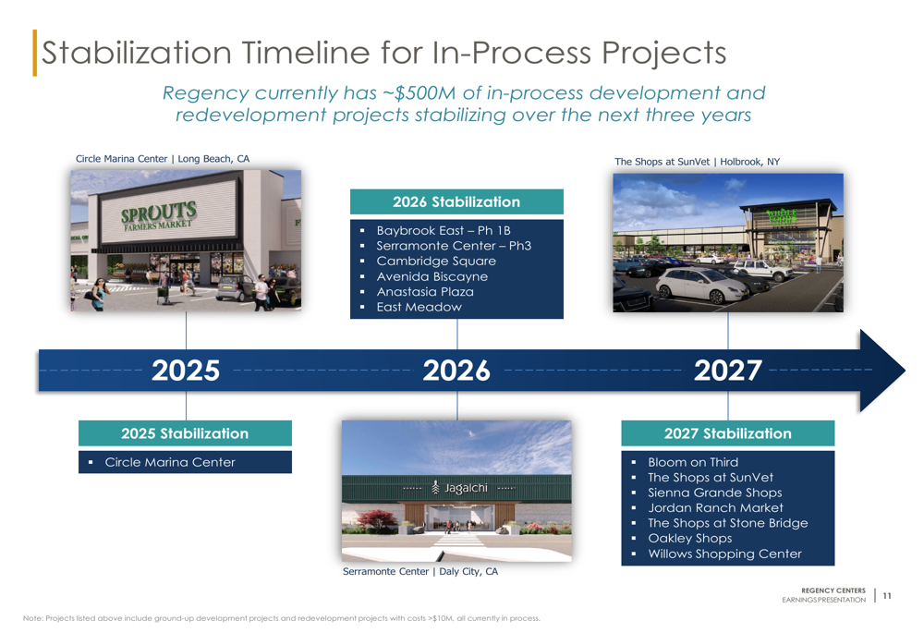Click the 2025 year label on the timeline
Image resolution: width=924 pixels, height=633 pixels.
tap(186, 371)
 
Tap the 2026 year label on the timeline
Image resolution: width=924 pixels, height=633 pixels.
tap(456, 371)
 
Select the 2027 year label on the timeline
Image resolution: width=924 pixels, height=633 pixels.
tap(728, 371)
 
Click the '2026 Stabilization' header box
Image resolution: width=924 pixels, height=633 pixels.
tap(456, 201)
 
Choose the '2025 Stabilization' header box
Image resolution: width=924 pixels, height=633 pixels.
tap(185, 433)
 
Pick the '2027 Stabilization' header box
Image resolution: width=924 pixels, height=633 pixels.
tap(728, 433)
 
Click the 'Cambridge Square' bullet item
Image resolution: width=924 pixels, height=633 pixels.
tap(436, 262)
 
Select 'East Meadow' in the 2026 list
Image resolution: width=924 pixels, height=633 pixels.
tap(419, 307)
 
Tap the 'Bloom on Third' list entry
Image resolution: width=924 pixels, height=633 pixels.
tap(693, 462)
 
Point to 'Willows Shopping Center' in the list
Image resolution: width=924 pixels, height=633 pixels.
tap(724, 554)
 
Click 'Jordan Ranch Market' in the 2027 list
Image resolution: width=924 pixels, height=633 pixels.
tap(715, 508)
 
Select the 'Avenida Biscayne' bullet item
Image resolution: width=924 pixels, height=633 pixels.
tap(432, 276)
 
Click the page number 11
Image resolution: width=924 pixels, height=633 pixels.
tap(887, 596)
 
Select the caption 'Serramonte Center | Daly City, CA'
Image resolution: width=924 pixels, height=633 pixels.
tap(420, 571)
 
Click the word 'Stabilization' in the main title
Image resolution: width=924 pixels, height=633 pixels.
tap(136, 53)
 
